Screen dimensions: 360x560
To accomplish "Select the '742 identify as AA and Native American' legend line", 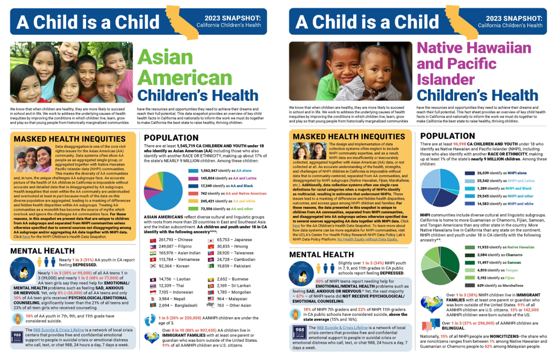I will coord(233,193).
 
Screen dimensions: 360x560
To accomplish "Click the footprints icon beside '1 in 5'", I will coord(150,320).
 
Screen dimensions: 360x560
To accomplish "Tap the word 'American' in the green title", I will coord(179,76).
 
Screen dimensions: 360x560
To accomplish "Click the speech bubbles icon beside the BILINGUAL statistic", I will coord(431,325).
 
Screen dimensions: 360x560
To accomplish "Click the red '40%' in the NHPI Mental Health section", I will coord(320,280).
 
